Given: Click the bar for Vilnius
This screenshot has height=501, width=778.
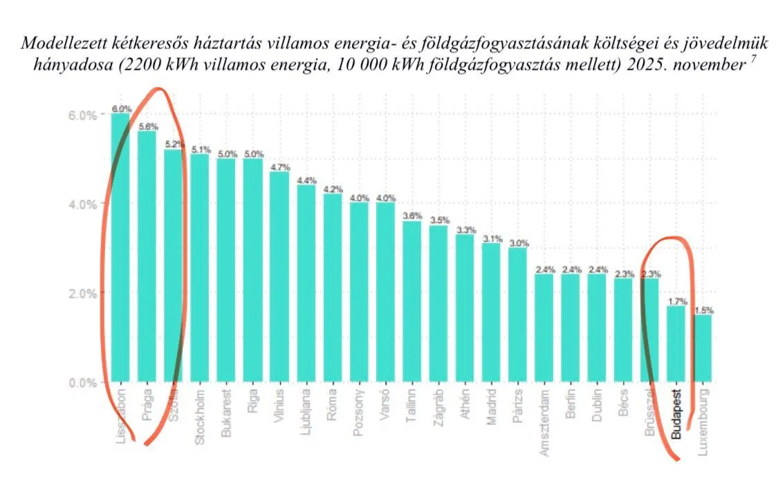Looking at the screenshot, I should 279,276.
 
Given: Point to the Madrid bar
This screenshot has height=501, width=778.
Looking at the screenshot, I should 491,312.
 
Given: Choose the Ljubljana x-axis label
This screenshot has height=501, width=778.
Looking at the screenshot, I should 305,413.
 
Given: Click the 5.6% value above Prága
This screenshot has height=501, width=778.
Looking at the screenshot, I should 147,126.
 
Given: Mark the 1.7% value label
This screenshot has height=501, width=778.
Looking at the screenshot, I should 676,301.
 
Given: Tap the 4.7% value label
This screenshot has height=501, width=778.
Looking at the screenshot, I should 279,167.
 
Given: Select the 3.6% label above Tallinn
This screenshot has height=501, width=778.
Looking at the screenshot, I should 411,216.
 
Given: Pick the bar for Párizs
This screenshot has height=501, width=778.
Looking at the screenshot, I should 517,314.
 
